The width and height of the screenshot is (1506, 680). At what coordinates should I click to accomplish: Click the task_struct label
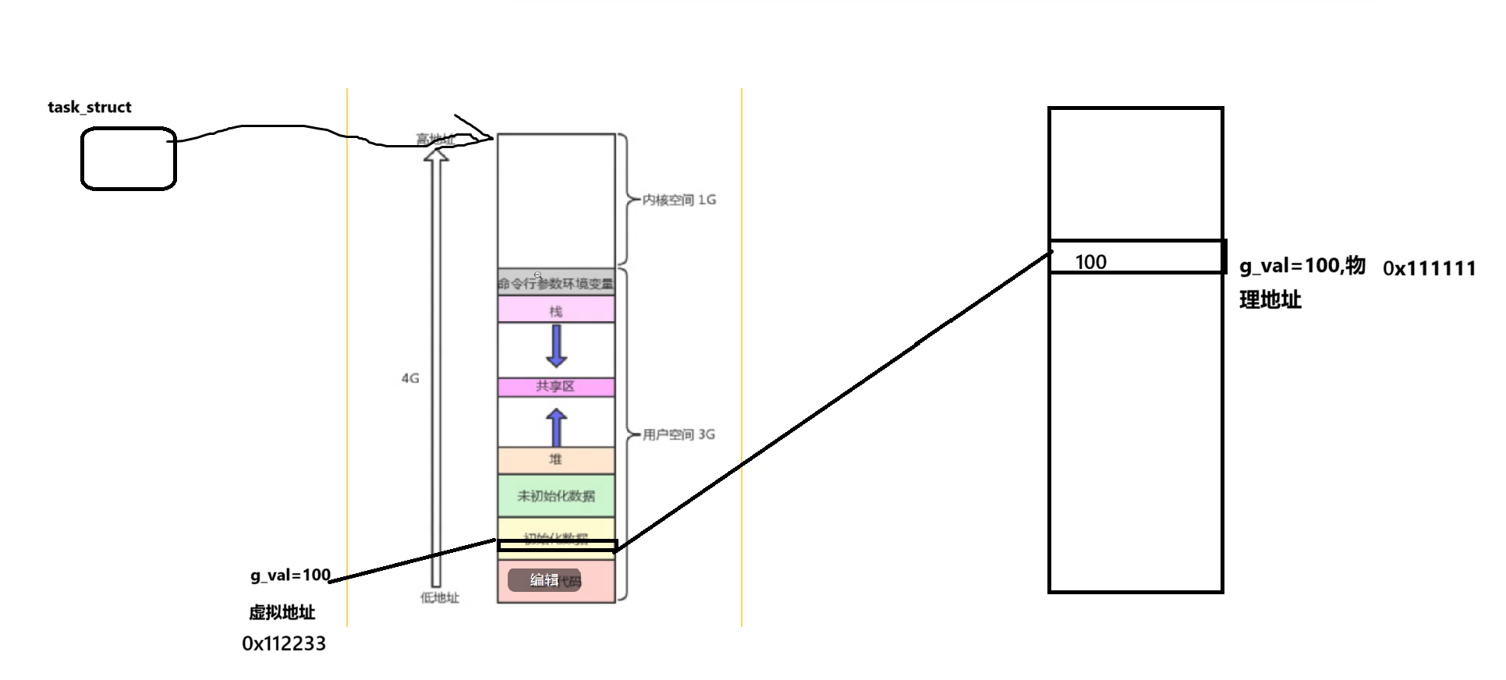(90, 108)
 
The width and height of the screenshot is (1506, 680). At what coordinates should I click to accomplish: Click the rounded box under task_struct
(129, 159)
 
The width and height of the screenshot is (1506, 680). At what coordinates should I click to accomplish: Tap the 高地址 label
(435, 139)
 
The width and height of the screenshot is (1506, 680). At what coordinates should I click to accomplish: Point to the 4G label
(410, 378)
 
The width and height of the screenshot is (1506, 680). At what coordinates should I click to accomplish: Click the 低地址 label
(440, 597)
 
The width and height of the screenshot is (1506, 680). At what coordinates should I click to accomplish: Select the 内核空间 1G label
(679, 200)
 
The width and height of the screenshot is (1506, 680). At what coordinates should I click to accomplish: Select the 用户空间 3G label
(679, 434)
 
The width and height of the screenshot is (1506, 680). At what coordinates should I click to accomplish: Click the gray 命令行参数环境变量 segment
(556, 283)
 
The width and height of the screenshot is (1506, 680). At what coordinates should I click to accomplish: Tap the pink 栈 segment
(556, 311)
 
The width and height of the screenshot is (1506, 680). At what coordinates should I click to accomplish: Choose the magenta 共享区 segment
(556, 387)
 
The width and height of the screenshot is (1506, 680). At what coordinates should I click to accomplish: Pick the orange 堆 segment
(556, 459)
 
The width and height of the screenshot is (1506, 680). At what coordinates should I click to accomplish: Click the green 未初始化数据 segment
(556, 496)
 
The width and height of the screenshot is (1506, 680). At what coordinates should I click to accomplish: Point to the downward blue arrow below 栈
(556, 345)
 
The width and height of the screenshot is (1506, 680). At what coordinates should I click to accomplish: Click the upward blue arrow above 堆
(556, 427)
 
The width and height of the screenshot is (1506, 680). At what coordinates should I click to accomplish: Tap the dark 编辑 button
(544, 579)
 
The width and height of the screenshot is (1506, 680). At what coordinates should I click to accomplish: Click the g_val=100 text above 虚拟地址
(290, 576)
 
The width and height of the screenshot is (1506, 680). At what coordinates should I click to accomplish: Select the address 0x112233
(284, 643)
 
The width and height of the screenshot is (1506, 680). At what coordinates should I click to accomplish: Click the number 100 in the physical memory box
(1090, 262)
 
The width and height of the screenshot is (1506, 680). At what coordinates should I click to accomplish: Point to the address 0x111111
(1429, 268)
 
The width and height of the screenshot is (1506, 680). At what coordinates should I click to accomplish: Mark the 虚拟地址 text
(282, 613)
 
